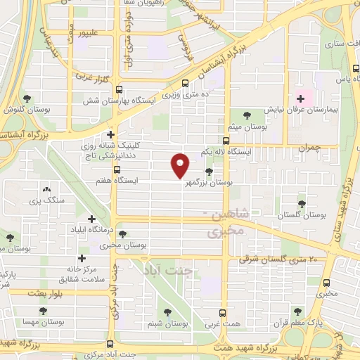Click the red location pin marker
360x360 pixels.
(x=181, y=164)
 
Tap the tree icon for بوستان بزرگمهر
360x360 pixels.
(x=209, y=172)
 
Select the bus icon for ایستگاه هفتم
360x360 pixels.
(x=117, y=169)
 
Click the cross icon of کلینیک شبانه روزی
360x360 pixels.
(x=111, y=134)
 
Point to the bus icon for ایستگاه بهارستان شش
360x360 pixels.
(x=119, y=89)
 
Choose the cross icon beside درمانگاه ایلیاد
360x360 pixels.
(x=91, y=219)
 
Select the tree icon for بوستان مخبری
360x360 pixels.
(x=123, y=234)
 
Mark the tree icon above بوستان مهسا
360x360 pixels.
(x=44, y=310)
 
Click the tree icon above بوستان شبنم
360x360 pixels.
(x=167, y=313)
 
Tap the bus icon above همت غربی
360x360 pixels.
(x=223, y=313)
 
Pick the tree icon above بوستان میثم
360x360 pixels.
(x=245, y=115)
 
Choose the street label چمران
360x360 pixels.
(x=308, y=148)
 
